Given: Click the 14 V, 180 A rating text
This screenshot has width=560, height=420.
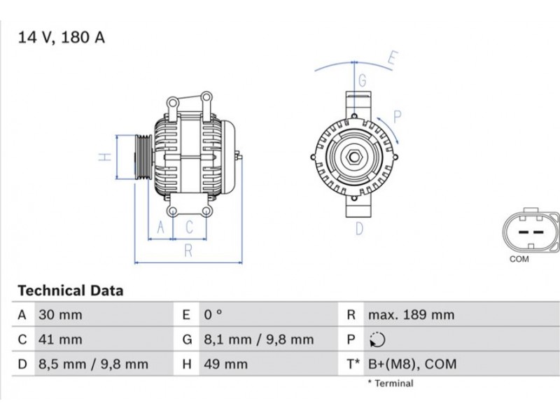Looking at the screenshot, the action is [61, 38].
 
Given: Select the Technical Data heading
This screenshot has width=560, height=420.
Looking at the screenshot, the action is [71, 290].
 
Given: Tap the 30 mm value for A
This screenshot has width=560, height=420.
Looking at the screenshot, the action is [60, 314].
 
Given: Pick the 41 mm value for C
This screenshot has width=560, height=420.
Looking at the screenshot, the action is [60, 339].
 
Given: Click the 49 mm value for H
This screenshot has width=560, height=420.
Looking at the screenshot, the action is [225, 364].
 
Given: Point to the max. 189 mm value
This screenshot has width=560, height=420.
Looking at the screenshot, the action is [411, 314].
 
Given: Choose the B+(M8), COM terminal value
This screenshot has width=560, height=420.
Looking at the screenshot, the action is [412, 364].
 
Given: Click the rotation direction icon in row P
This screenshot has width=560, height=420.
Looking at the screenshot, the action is [377, 339].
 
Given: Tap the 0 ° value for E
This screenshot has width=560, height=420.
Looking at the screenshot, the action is [213, 314].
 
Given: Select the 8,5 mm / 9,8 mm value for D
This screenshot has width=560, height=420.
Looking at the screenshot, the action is [93, 364].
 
